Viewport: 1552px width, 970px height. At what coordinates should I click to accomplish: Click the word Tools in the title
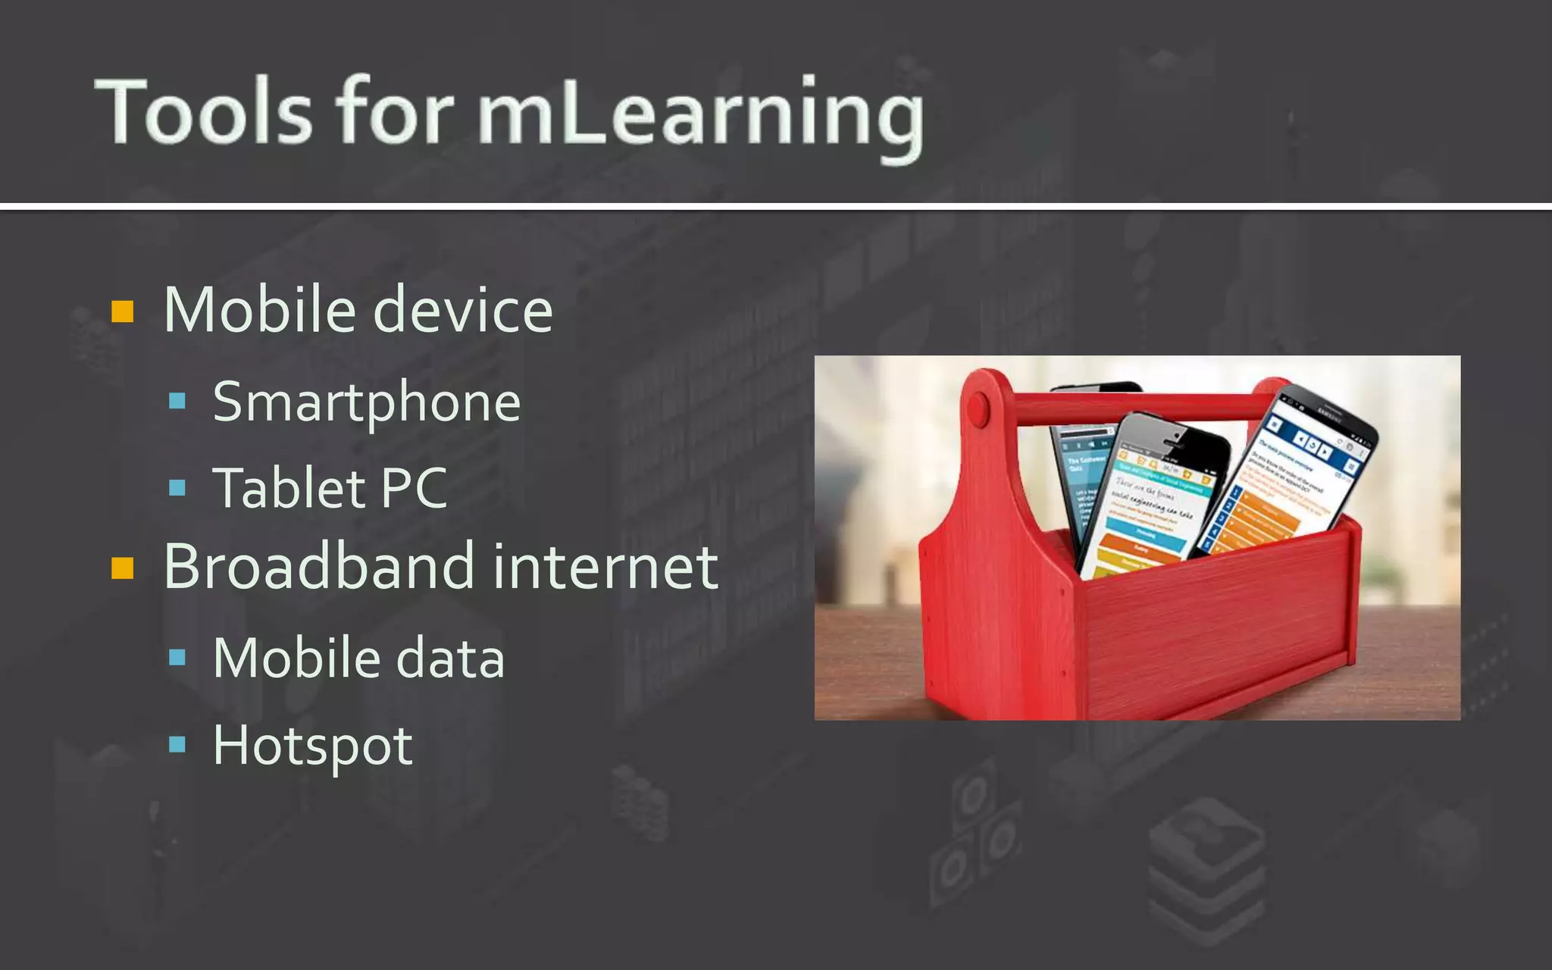tap(203, 111)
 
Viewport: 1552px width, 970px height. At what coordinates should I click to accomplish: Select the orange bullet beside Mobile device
tap(123, 311)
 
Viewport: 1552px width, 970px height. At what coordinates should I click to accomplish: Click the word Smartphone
tap(367, 402)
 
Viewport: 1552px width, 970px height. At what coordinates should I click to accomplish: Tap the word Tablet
tap(289, 488)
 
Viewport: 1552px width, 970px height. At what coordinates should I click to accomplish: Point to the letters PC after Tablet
tap(414, 488)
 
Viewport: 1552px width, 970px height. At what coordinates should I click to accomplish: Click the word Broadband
tap(319, 567)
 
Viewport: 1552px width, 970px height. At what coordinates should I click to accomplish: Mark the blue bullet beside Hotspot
tap(177, 744)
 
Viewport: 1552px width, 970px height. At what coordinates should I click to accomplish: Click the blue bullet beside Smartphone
tap(177, 401)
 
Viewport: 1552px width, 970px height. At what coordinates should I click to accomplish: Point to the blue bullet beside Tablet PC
tap(177, 487)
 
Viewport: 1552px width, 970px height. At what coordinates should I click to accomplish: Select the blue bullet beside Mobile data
tap(177, 657)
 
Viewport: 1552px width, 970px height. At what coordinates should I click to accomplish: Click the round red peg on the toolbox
tap(978, 410)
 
